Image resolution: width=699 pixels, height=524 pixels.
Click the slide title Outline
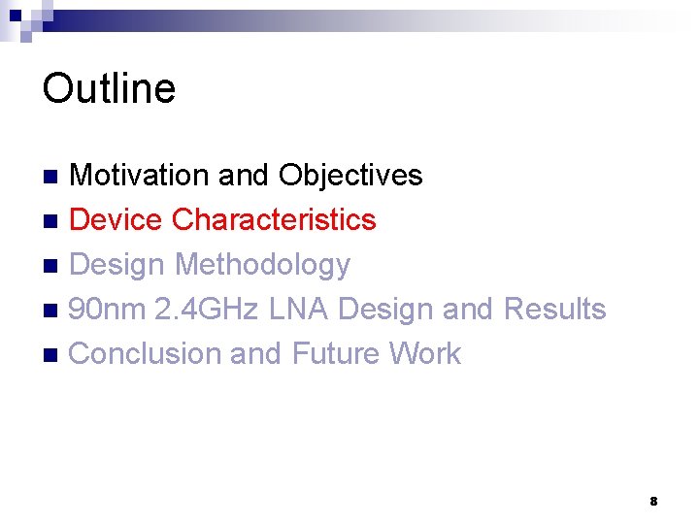point(109,88)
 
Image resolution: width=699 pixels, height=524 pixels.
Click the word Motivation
point(140,176)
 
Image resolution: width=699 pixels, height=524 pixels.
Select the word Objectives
point(350,176)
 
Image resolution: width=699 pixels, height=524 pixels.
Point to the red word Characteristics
point(274,220)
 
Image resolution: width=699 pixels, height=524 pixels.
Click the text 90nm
point(108,310)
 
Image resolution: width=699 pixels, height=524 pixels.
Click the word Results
point(554,310)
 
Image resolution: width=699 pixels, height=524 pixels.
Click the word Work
point(425,354)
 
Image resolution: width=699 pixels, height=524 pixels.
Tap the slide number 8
point(653,502)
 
